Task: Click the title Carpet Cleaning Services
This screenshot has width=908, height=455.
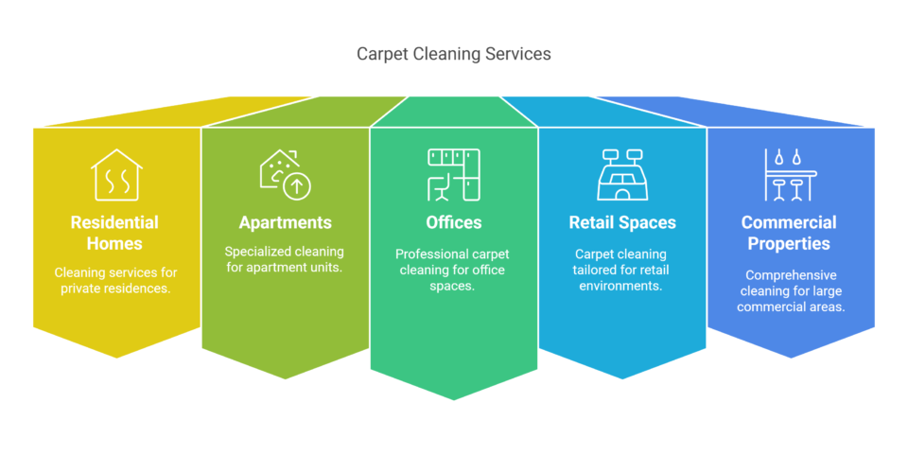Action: tap(453, 54)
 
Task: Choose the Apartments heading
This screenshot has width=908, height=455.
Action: tap(286, 223)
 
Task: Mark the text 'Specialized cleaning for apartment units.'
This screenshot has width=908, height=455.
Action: tap(286, 259)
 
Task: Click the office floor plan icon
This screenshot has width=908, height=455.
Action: tap(454, 175)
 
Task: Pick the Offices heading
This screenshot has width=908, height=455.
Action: tap(454, 223)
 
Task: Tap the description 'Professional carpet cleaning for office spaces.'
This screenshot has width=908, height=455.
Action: tap(454, 270)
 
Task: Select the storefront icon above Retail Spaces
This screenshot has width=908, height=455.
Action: tap(622, 175)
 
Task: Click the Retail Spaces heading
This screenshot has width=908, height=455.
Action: tap(622, 223)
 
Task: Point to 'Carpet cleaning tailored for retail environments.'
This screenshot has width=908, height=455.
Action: tap(622, 270)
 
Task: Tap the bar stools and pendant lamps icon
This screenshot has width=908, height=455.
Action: tap(790, 175)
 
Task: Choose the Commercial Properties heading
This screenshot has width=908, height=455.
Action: tap(790, 233)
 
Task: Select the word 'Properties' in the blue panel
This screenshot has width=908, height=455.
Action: tap(790, 243)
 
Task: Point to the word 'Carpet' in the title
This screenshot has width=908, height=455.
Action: tap(380, 54)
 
